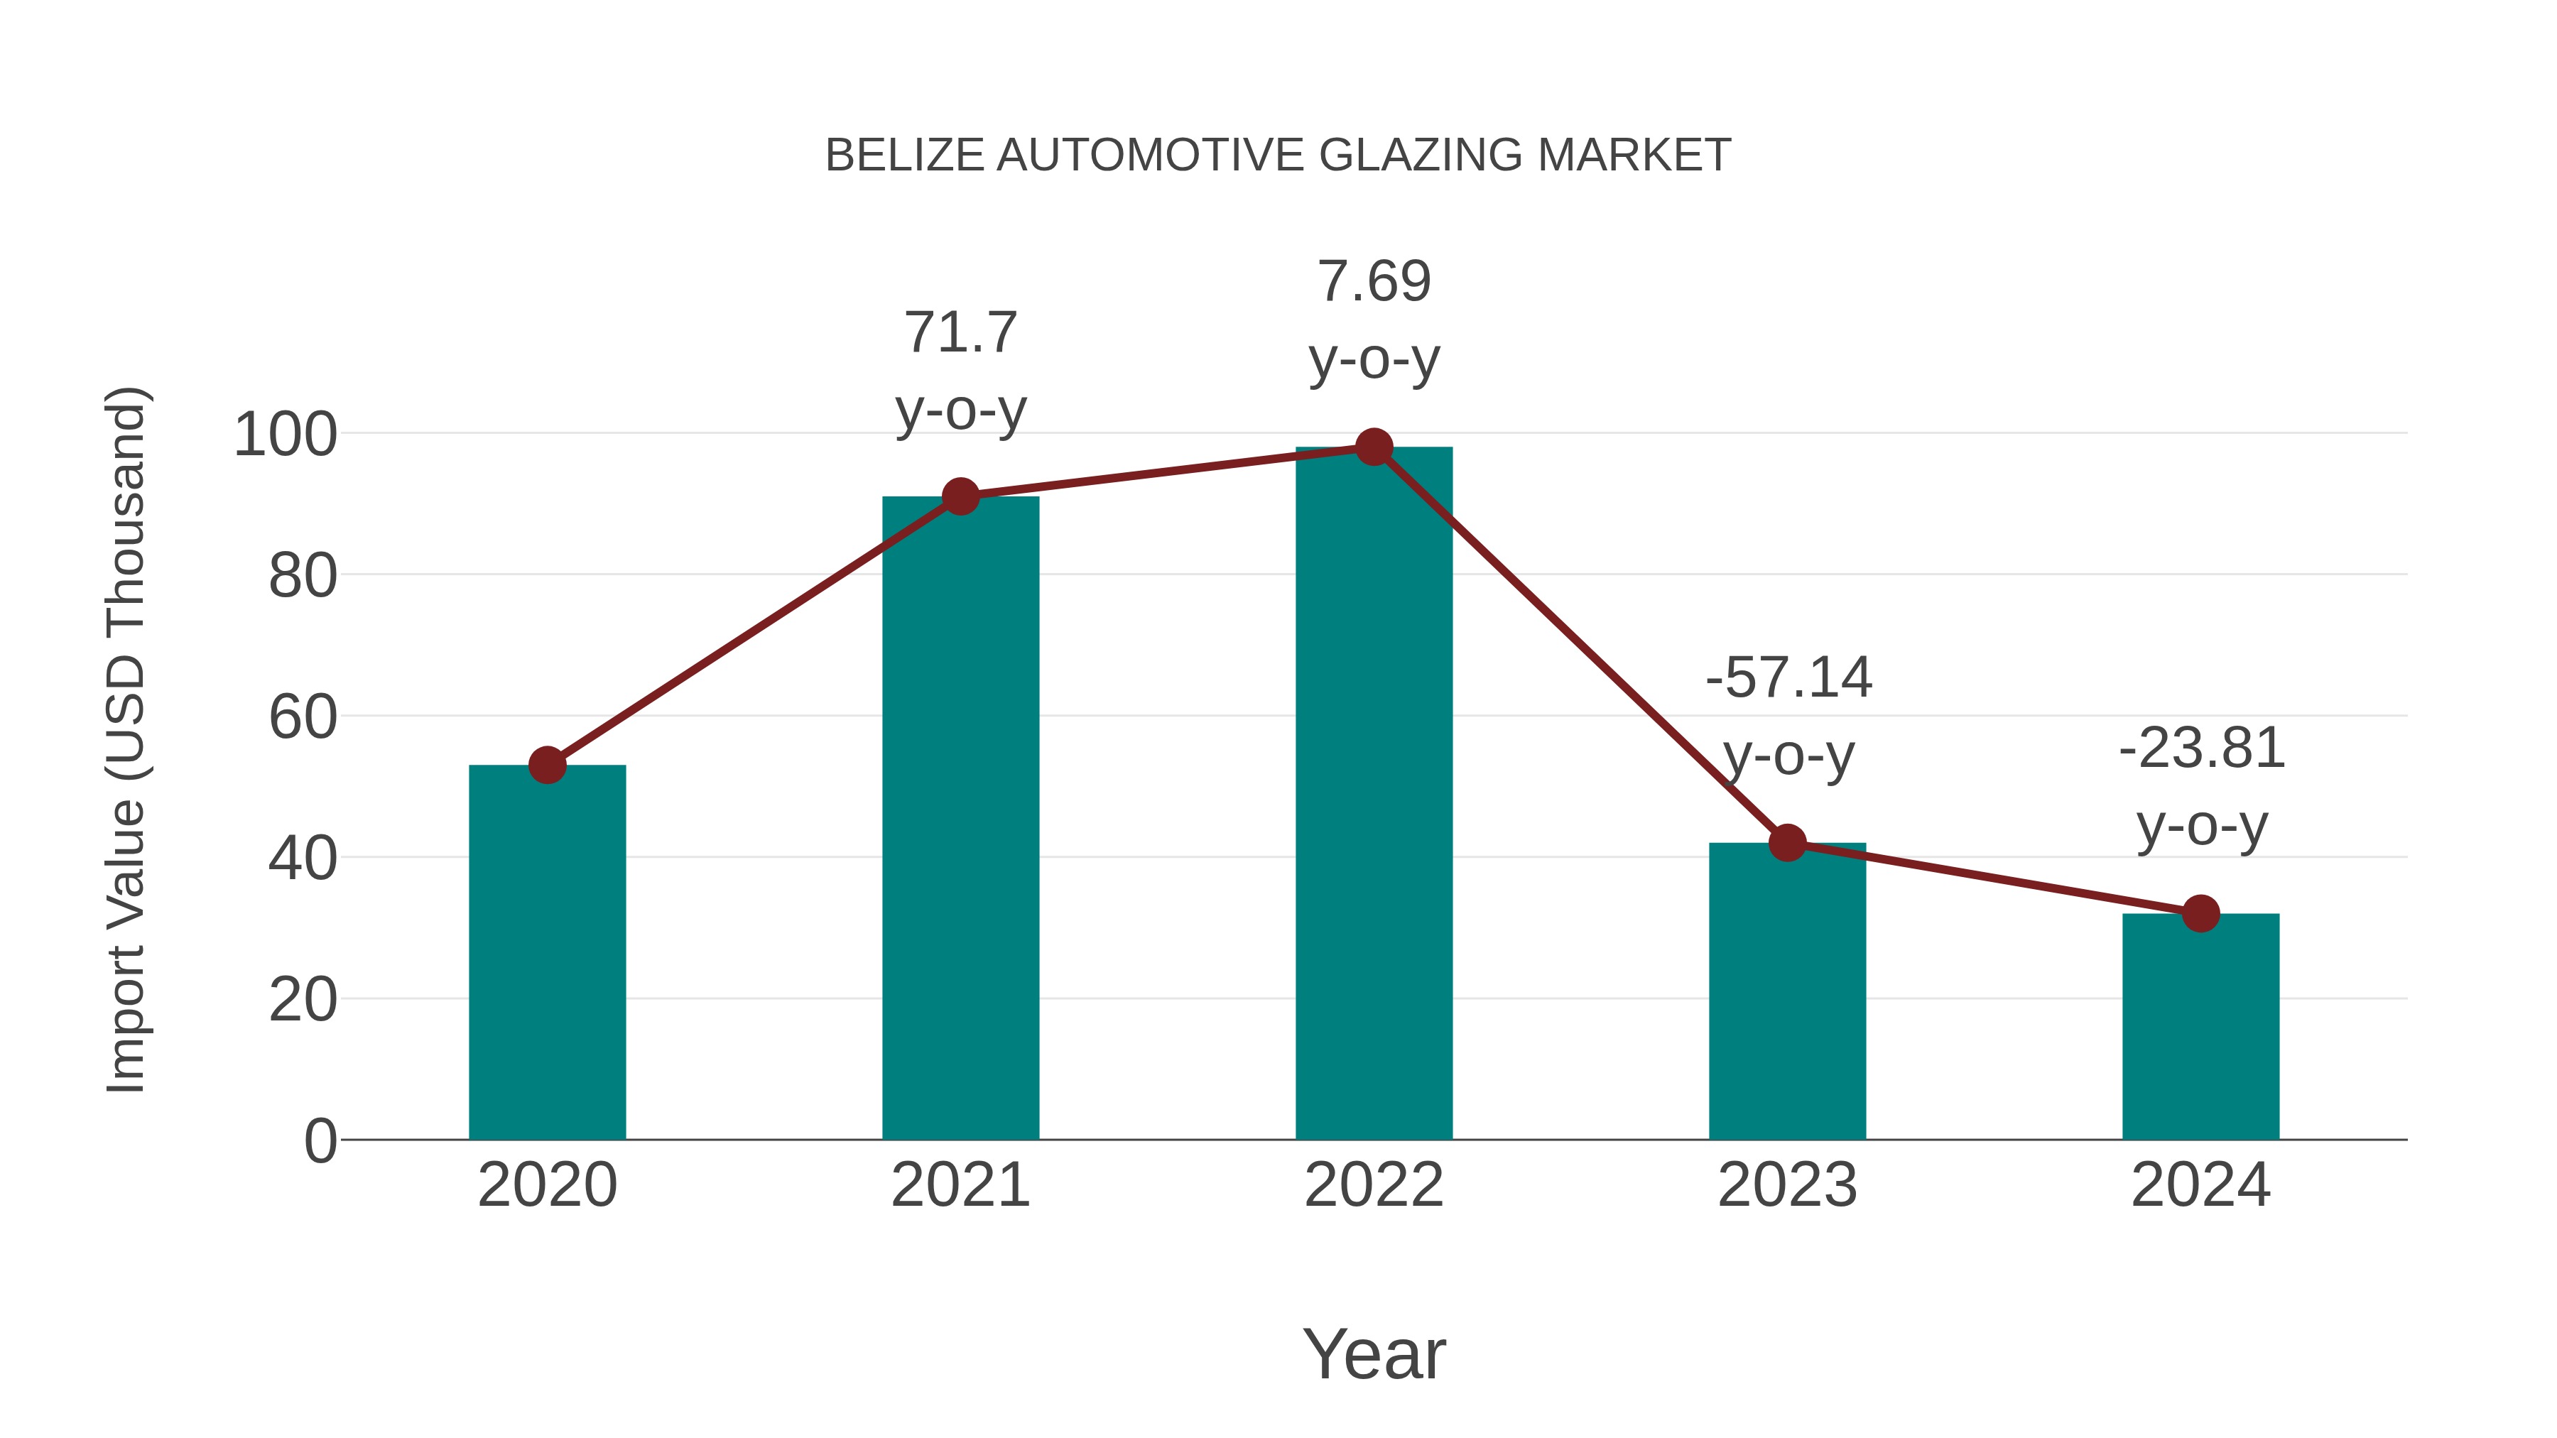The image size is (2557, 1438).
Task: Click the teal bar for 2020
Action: coord(547,953)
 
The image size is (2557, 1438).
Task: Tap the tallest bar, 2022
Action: coord(1374,794)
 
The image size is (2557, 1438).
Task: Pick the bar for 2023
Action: coord(1787,993)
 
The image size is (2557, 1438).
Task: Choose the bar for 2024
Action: coord(2200,1027)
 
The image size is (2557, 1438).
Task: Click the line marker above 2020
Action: coord(547,765)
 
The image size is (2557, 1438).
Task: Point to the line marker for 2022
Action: coord(1374,447)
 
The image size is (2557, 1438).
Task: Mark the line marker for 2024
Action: coord(2200,913)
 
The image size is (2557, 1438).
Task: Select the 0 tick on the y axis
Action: coord(320,1141)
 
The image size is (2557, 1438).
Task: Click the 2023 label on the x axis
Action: coord(1787,1185)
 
